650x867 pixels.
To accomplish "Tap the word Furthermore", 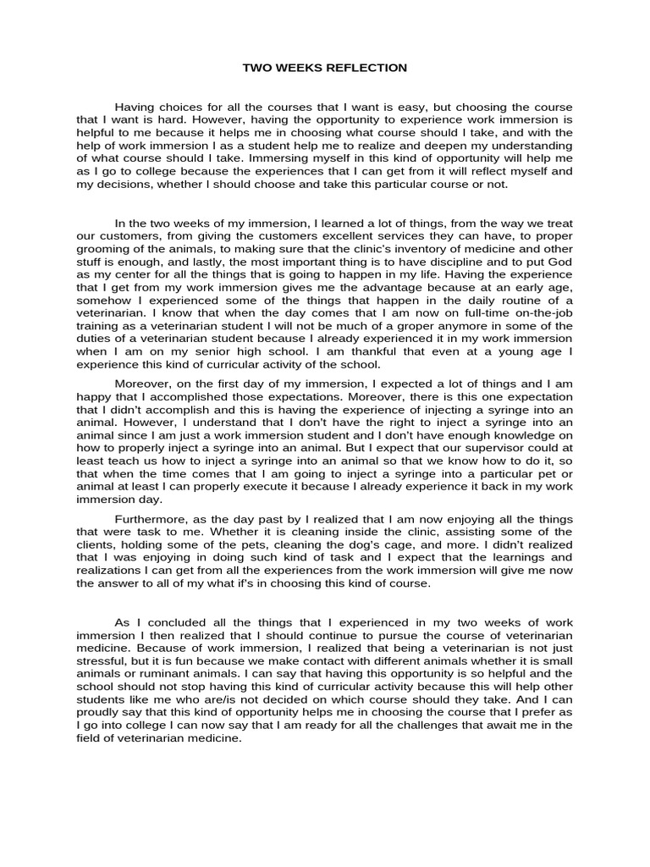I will coord(151,519).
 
